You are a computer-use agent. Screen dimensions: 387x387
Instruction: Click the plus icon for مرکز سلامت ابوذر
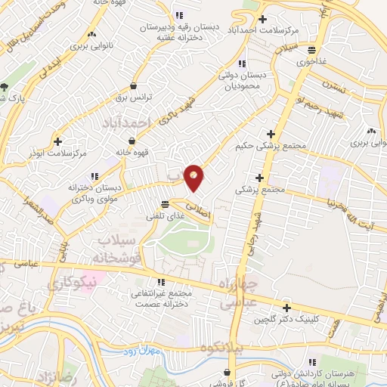57,140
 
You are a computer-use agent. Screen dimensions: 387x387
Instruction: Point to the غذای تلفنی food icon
166,203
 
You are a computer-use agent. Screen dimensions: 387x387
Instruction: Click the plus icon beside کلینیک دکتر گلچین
286,308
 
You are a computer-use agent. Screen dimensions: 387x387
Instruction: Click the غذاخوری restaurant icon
311,50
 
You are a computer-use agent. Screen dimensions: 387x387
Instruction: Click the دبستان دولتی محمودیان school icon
242,64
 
